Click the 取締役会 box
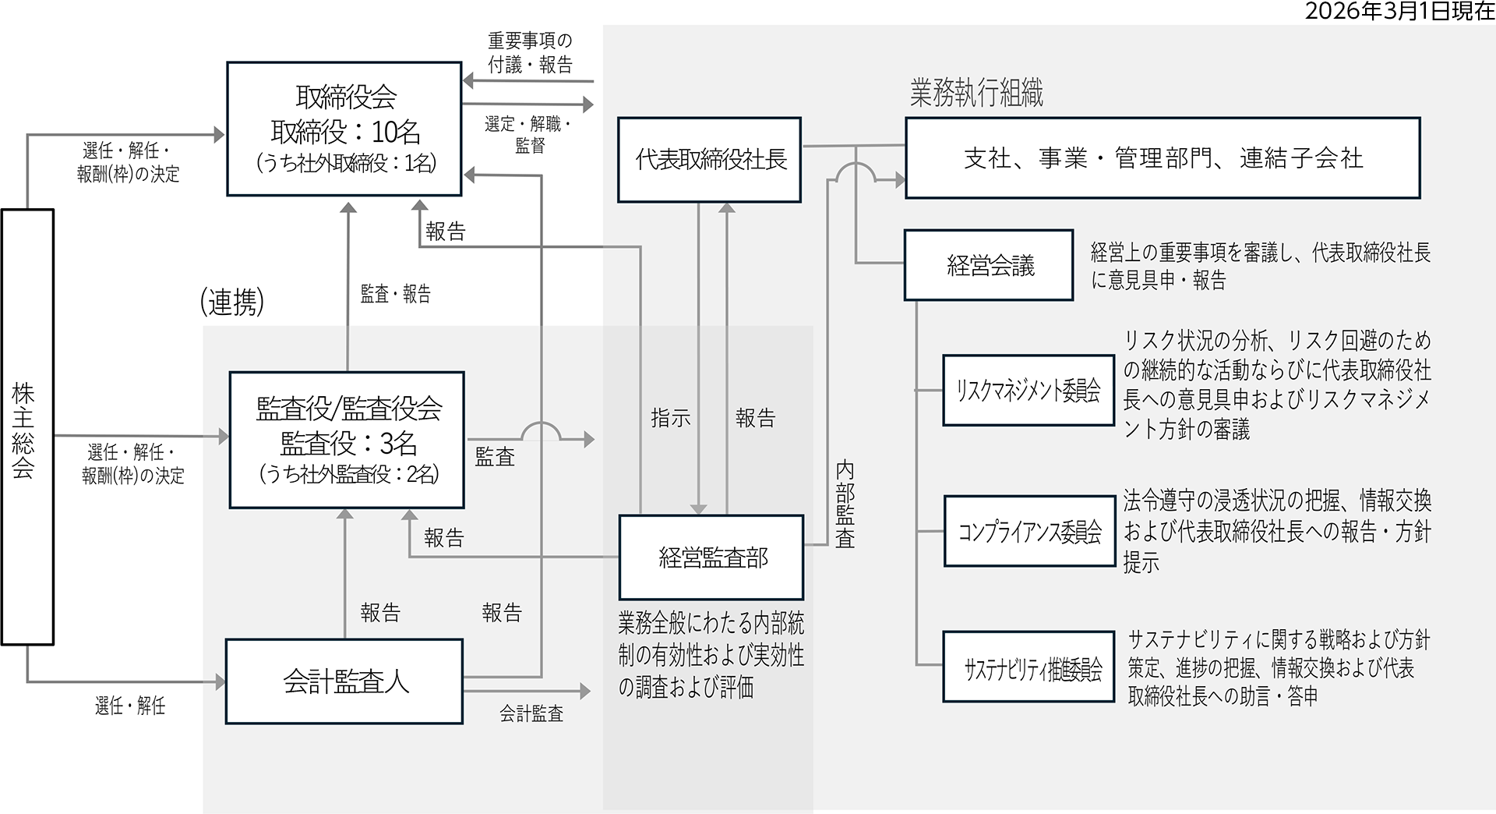(x=344, y=129)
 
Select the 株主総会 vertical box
(x=27, y=426)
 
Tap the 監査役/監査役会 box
(x=347, y=440)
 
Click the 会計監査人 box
(x=344, y=681)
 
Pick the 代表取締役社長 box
(x=709, y=160)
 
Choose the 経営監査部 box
(x=711, y=557)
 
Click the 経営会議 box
(x=989, y=265)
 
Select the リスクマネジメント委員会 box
(x=1028, y=390)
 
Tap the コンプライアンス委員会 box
(x=1029, y=531)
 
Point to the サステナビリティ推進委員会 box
(x=1029, y=667)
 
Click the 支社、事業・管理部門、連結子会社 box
(x=1163, y=158)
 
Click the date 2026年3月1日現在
(x=1399, y=11)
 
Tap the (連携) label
(x=231, y=302)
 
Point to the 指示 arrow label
(x=670, y=418)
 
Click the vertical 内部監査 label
(x=845, y=504)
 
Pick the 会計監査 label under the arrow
(x=531, y=713)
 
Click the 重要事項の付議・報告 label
(x=530, y=52)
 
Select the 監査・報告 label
(x=395, y=294)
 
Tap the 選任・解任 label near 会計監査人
(x=130, y=706)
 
